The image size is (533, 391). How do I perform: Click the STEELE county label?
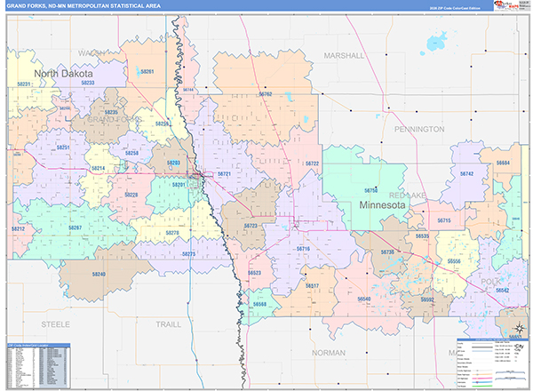click(55, 324)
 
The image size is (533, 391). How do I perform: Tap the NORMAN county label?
click(329, 353)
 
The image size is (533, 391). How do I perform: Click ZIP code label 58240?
click(97, 275)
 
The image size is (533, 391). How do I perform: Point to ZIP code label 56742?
click(465, 174)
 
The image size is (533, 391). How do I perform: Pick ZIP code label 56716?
click(303, 249)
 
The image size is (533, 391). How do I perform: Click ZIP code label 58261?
click(147, 72)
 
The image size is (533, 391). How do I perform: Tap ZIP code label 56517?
click(312, 285)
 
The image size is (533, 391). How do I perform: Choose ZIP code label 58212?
click(19, 229)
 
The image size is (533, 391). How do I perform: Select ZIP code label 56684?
click(504, 164)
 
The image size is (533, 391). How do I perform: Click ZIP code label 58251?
click(63, 148)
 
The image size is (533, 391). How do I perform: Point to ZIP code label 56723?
click(251, 227)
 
